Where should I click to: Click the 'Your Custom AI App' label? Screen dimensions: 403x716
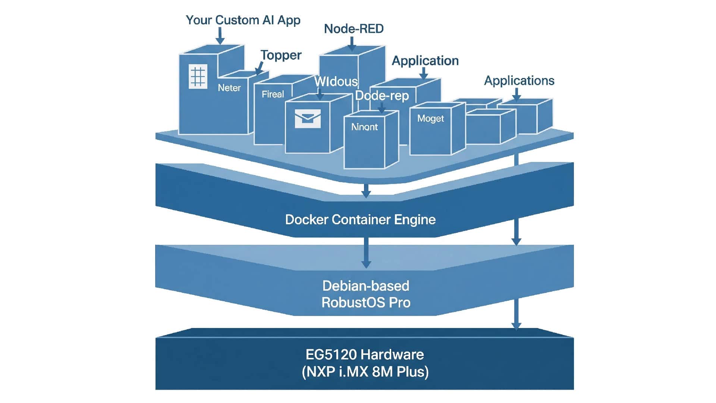click(x=243, y=20)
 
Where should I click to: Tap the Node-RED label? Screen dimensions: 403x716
click(x=354, y=29)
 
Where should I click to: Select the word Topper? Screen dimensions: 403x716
click(x=281, y=55)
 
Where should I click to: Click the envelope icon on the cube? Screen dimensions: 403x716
click(x=308, y=119)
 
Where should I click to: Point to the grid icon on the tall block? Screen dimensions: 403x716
click(x=198, y=76)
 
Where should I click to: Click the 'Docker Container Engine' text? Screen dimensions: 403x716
click(x=360, y=219)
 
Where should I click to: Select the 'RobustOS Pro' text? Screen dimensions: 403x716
click(x=366, y=302)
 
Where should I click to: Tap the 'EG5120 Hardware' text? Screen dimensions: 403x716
click(x=364, y=354)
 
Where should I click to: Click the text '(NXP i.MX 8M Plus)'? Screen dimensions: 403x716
click(x=365, y=372)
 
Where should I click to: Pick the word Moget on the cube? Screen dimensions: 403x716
click(x=430, y=119)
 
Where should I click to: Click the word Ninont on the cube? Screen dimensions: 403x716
click(x=364, y=127)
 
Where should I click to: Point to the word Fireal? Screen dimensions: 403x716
click(x=273, y=94)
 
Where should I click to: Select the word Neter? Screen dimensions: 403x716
click(x=229, y=88)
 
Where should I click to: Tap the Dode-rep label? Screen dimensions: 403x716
click(x=382, y=96)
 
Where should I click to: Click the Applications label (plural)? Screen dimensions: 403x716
click(x=519, y=81)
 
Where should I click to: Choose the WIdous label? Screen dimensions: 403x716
click(x=336, y=82)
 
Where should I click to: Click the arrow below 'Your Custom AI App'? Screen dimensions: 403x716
click(x=220, y=36)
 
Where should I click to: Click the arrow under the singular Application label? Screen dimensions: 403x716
click(x=424, y=73)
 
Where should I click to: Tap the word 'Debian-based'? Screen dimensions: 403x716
click(x=365, y=286)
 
